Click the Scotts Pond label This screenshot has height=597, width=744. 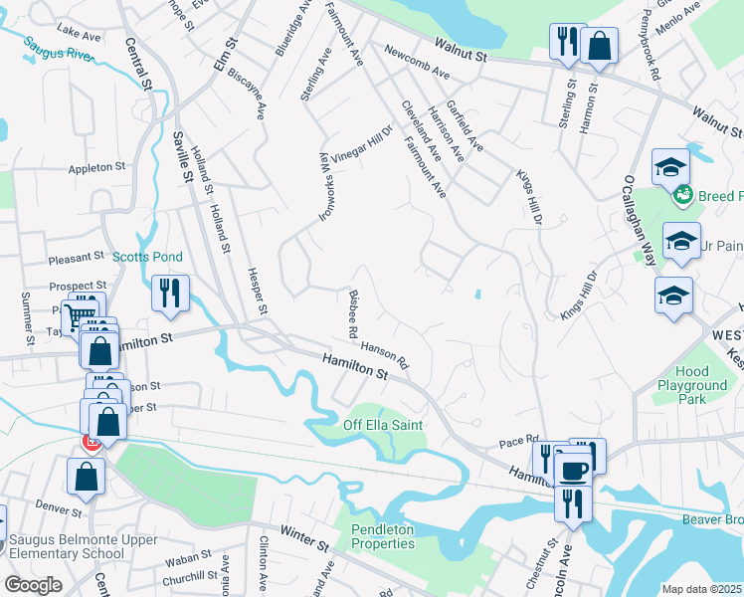pos(146,257)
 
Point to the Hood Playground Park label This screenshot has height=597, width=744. pos(691,385)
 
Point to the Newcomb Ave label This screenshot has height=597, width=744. pos(417,62)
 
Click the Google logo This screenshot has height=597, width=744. pos(33,585)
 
